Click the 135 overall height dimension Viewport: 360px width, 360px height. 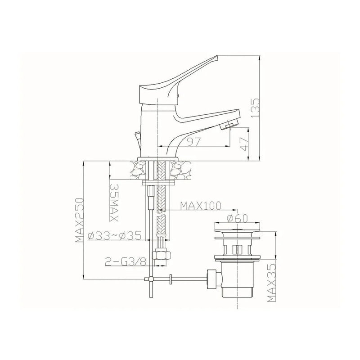255,108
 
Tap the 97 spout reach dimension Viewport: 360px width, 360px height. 194,141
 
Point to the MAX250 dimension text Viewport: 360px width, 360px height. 80,220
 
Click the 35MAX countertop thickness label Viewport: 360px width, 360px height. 114,202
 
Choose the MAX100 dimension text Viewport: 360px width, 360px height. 200,206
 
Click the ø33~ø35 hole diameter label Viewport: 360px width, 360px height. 114,235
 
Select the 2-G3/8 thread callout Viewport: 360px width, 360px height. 126,261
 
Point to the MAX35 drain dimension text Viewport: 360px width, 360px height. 272,283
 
